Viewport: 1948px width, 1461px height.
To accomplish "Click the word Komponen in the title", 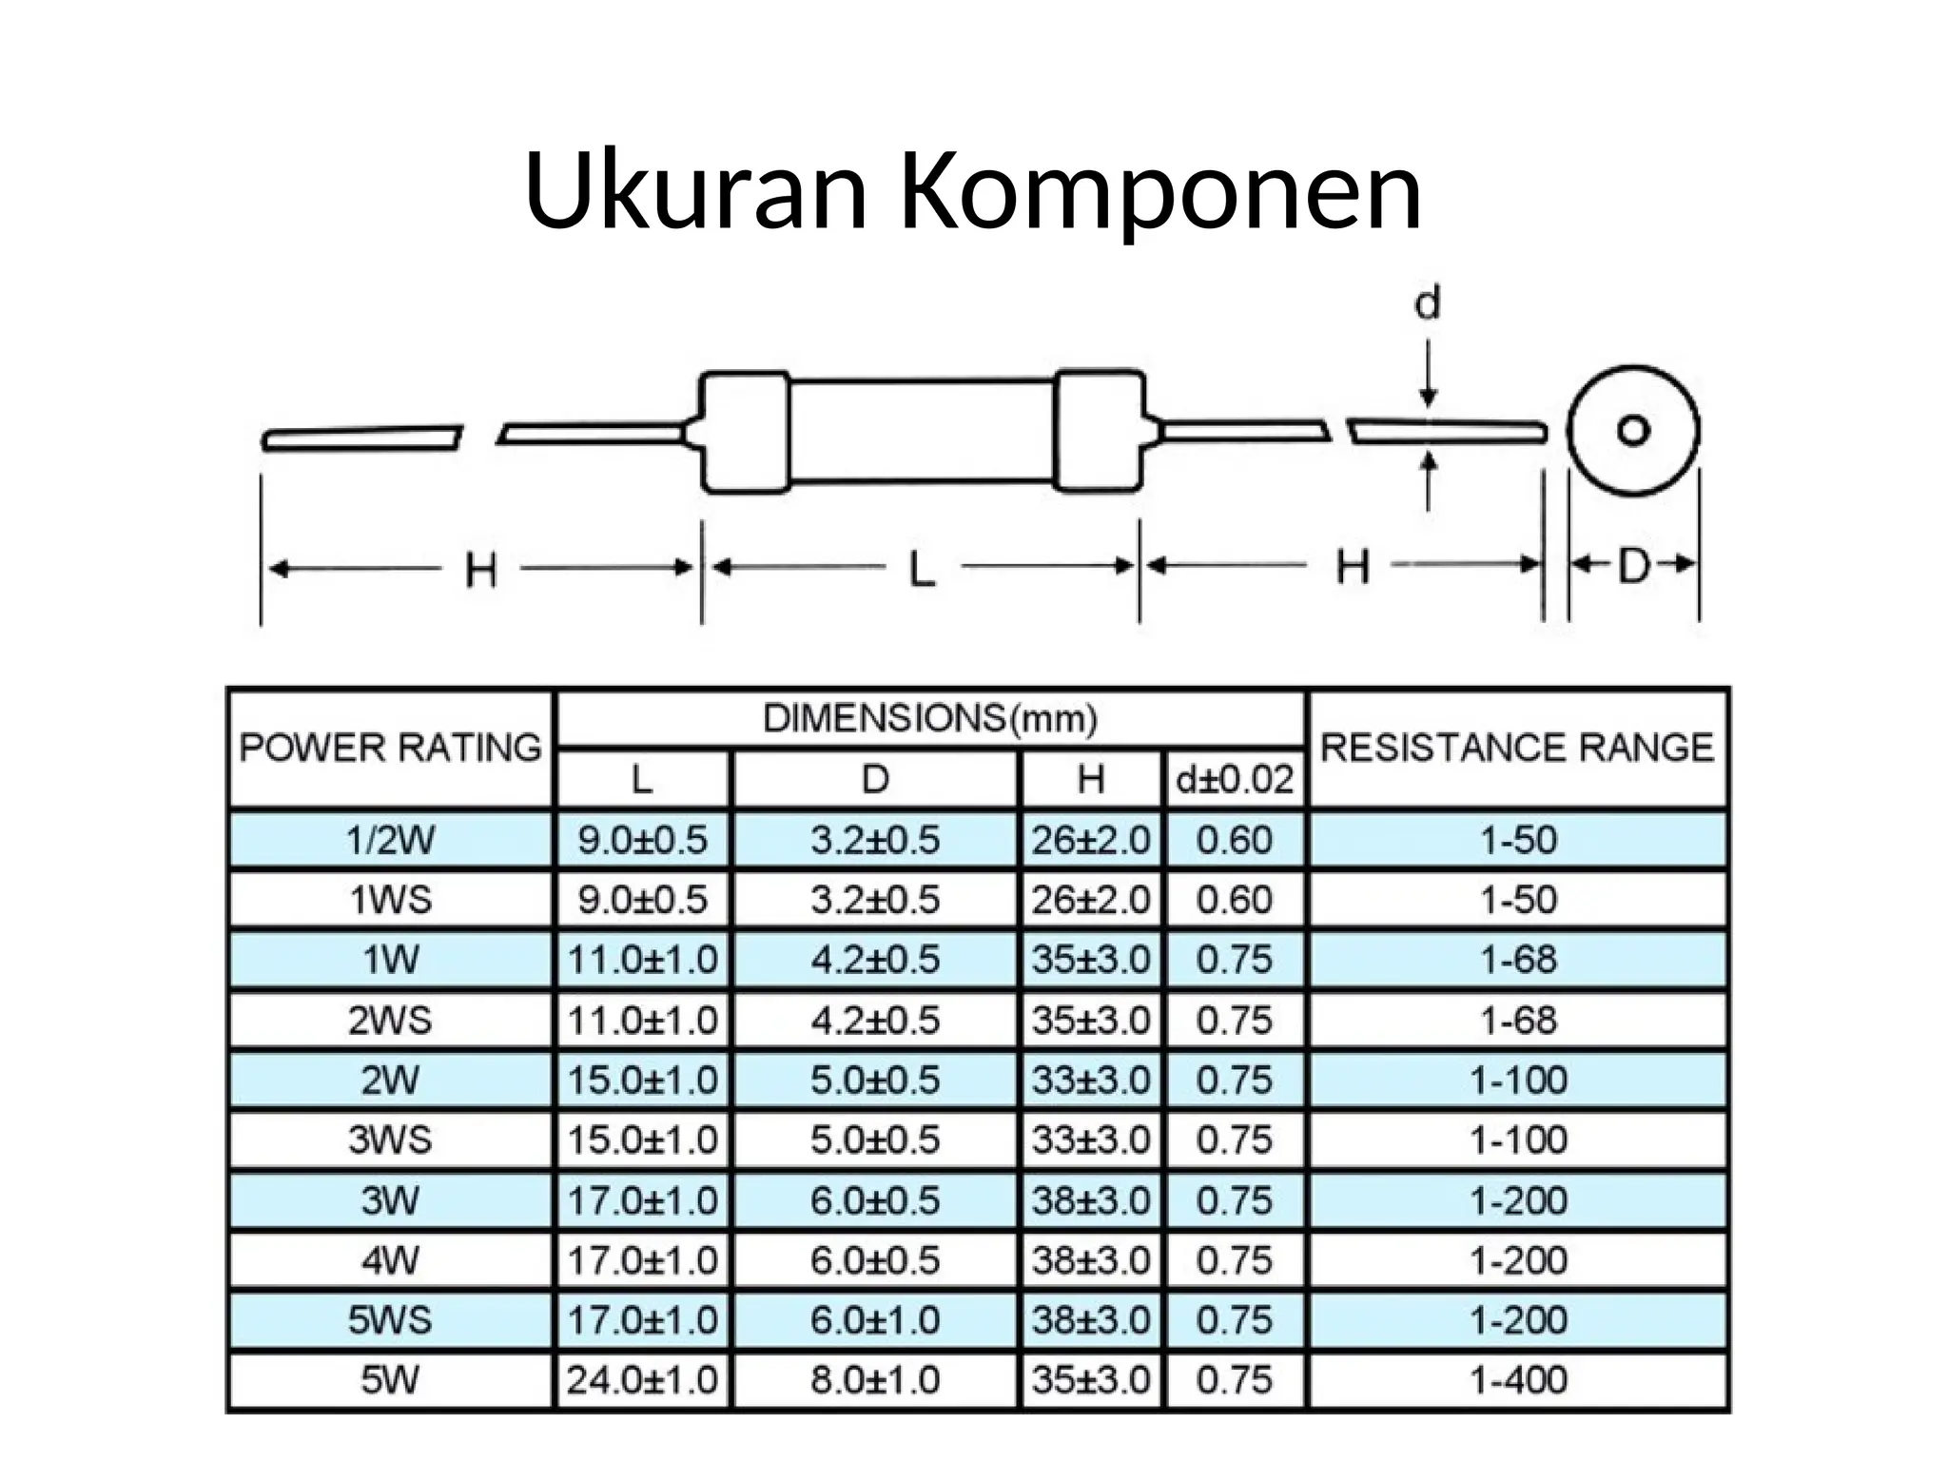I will pyautogui.click(x=1160, y=193).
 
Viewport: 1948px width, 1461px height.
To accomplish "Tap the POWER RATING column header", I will pyautogui.click(x=391, y=748).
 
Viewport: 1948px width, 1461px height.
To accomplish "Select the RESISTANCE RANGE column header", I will pyautogui.click(x=1518, y=748).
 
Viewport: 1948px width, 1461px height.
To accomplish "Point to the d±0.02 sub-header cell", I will pyautogui.click(x=1235, y=780).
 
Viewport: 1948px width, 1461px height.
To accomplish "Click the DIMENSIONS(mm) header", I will pyautogui.click(x=930, y=718).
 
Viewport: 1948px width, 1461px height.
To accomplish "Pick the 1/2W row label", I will pyautogui.click(x=391, y=840).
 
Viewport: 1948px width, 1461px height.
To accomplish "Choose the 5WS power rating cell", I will pyautogui.click(x=391, y=1320).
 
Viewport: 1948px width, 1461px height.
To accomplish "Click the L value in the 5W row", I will pyautogui.click(x=642, y=1380).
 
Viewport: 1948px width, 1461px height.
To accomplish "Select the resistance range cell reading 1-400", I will pyautogui.click(x=1518, y=1380).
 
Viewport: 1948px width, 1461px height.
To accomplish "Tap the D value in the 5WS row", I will pyautogui.click(x=875, y=1320).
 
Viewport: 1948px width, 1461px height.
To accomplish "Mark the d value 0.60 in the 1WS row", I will pyautogui.click(x=1235, y=900).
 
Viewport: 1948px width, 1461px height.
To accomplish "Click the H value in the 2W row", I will pyautogui.click(x=1091, y=1081).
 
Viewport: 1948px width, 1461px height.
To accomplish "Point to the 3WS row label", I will pyautogui.click(x=391, y=1140).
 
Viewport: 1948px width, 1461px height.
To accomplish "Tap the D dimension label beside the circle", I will pyautogui.click(x=1633, y=566).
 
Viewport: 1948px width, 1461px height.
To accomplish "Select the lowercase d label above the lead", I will pyautogui.click(x=1428, y=303).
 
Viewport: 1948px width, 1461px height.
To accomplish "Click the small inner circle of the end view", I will pyautogui.click(x=1633, y=431).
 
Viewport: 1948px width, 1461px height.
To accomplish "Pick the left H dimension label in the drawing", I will pyautogui.click(x=481, y=572).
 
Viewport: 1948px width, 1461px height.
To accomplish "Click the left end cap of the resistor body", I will pyautogui.click(x=745, y=433).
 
